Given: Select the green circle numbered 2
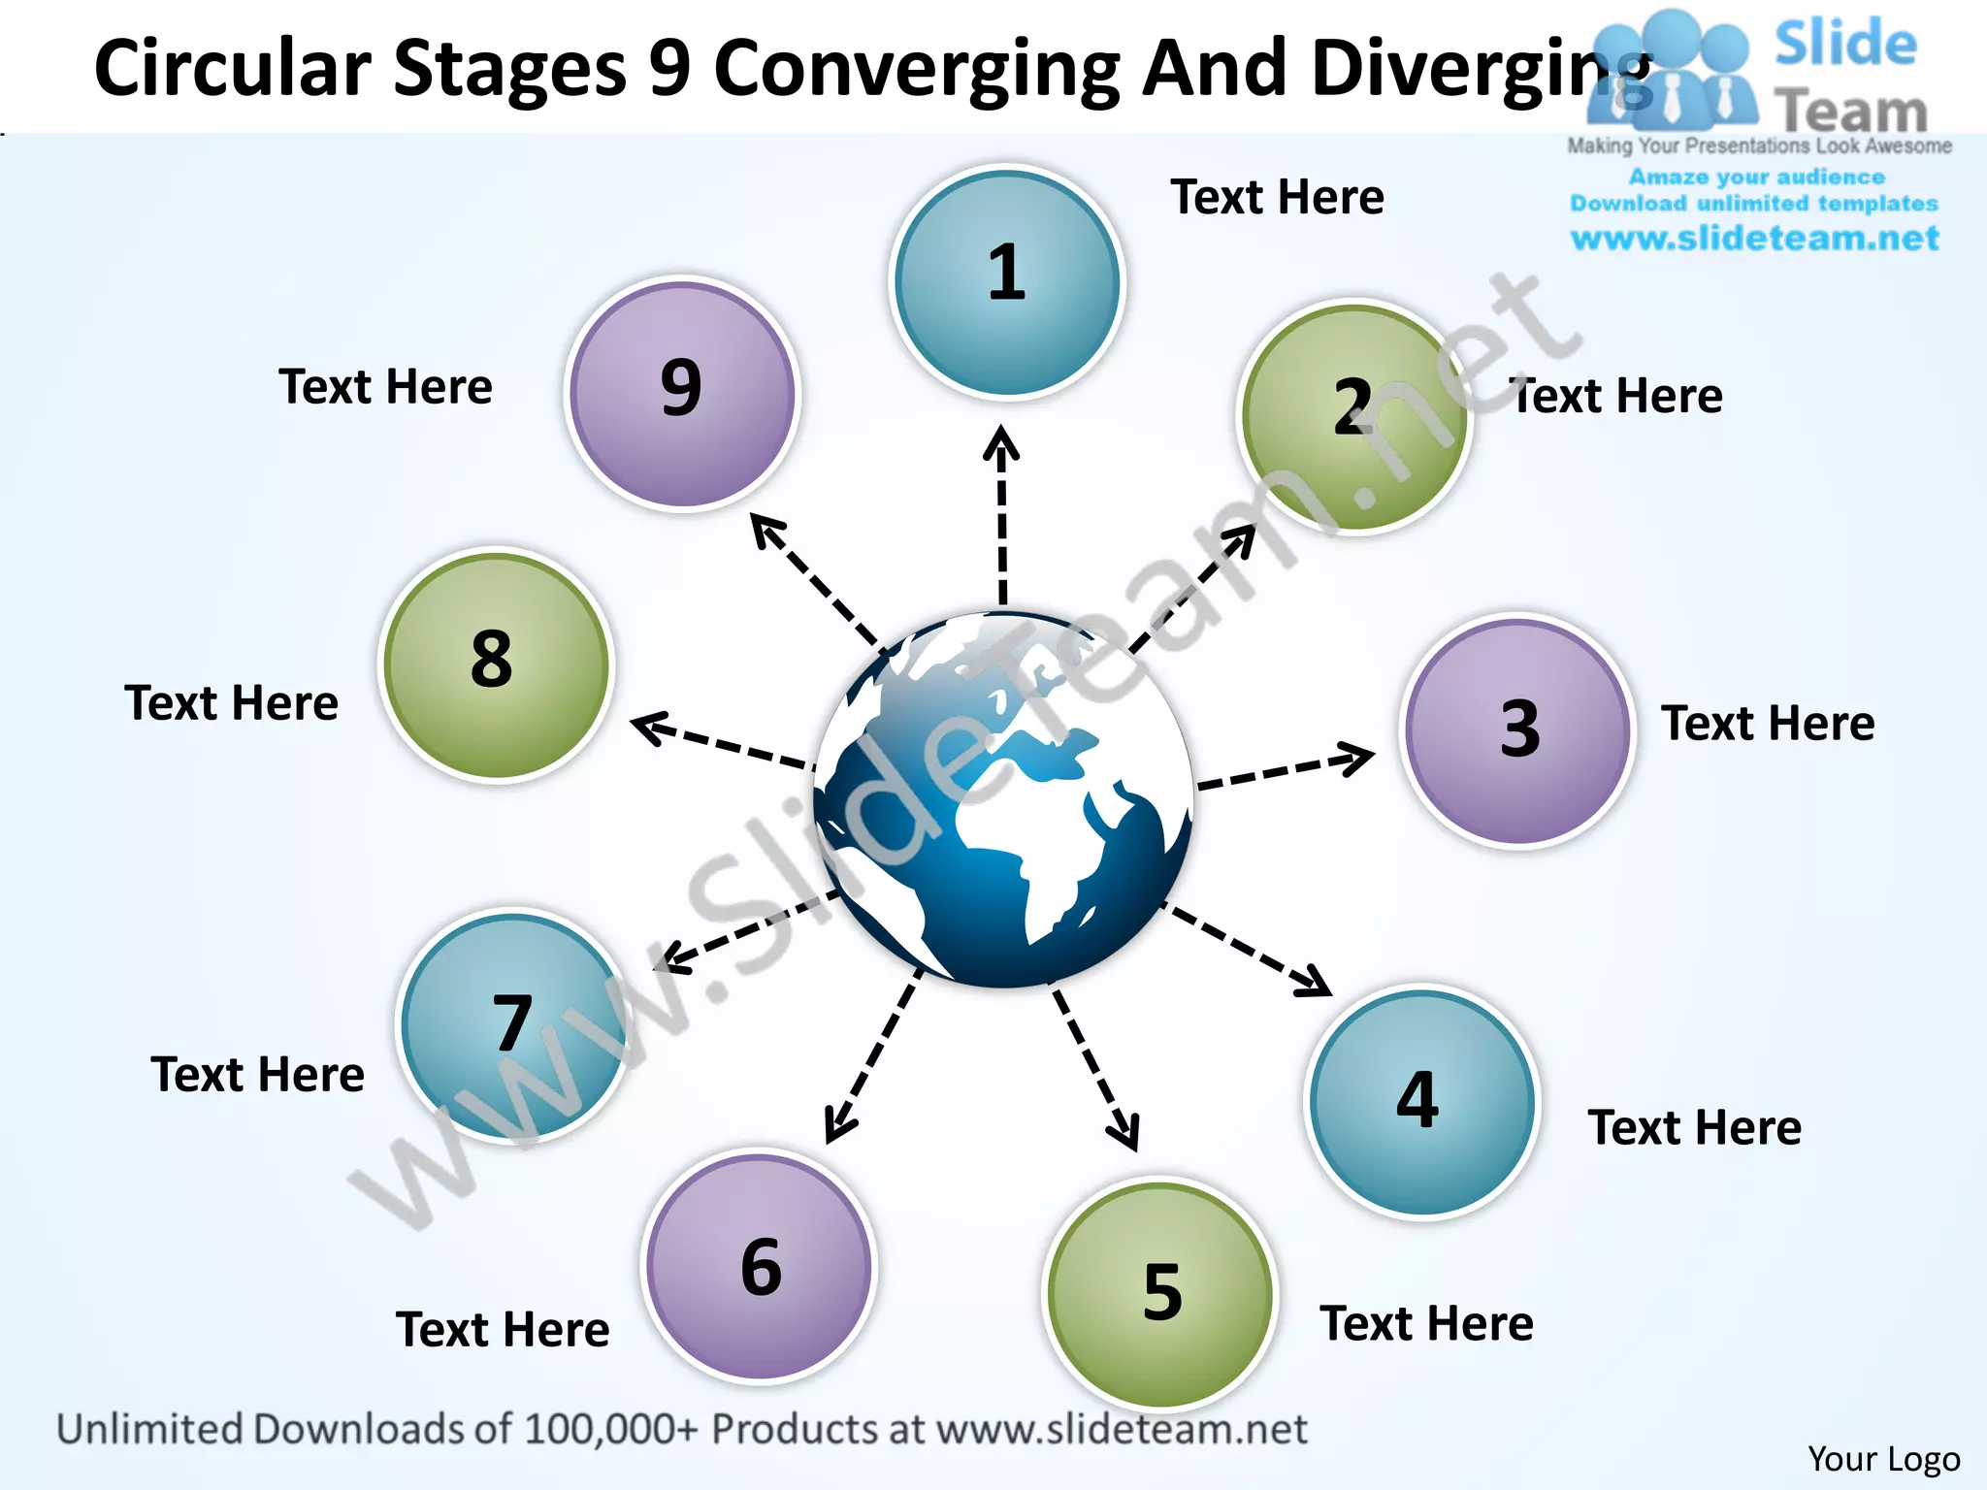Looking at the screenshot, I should pyautogui.click(x=1355, y=417).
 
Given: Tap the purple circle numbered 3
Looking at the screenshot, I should pyautogui.click(x=1518, y=730).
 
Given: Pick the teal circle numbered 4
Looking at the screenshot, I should pyautogui.click(x=1421, y=1102).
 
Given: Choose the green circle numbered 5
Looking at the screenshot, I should pyautogui.click(x=1160, y=1293).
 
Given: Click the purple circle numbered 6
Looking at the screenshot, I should pyautogui.click(x=760, y=1266).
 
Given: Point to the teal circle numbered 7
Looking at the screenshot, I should pyautogui.click(x=513, y=1026).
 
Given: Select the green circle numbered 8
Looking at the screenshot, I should pyautogui.click(x=496, y=665).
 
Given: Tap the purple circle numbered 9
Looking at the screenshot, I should pyautogui.click(x=682, y=393).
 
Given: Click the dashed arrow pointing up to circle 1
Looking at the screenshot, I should pyautogui.click(x=1002, y=514).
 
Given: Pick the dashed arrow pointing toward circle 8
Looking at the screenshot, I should pyautogui.click(x=720, y=742).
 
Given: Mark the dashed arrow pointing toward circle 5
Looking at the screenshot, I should pyautogui.click(x=1096, y=1067).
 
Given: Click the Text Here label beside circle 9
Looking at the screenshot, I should pyautogui.click(x=385, y=386).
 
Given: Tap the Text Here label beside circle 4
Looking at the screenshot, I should pyautogui.click(x=1694, y=1127).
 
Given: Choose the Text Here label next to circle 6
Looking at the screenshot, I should pyautogui.click(x=503, y=1329).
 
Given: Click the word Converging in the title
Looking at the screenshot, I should pyautogui.click(x=917, y=70).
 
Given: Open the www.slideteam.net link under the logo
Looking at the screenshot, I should pyautogui.click(x=1754, y=239).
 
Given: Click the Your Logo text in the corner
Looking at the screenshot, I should pyautogui.click(x=1883, y=1459).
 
